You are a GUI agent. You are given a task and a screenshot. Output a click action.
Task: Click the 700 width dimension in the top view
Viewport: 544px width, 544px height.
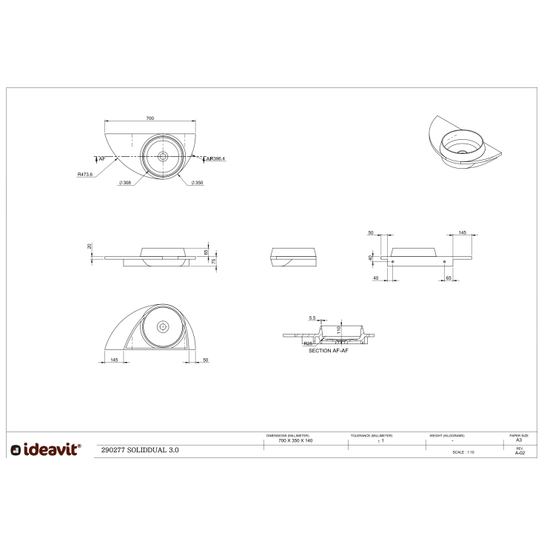(x=150, y=118)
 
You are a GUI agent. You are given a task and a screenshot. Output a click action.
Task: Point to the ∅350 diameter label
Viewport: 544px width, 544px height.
(x=197, y=183)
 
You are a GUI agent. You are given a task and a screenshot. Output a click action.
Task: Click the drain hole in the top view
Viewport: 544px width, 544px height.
(x=162, y=156)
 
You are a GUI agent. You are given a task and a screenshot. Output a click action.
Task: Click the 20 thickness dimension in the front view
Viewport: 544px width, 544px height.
(x=90, y=246)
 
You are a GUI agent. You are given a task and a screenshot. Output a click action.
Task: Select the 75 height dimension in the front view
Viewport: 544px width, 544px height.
(x=214, y=261)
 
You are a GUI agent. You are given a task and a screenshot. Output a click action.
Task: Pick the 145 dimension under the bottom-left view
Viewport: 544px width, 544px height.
(x=113, y=359)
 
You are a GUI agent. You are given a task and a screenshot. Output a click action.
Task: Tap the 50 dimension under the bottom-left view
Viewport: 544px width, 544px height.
(x=205, y=359)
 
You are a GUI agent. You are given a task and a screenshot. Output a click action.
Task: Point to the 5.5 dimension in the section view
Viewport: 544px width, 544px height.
(x=312, y=318)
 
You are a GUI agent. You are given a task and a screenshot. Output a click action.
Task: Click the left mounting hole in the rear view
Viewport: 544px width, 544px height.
(x=392, y=262)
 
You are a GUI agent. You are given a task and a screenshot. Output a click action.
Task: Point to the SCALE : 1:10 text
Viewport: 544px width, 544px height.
(x=463, y=452)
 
